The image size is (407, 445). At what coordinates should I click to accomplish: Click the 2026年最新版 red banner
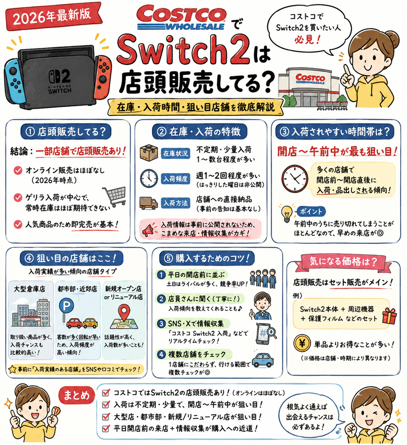point(53,16)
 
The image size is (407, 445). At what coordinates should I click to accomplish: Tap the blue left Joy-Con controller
point(14,80)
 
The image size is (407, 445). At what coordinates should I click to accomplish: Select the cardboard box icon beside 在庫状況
point(148,153)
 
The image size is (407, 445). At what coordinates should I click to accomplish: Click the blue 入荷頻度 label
point(175,179)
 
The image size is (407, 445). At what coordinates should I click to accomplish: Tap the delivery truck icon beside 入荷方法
point(148,203)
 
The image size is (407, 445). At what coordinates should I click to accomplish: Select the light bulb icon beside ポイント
point(287,214)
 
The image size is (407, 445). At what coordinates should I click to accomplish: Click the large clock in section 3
point(295,179)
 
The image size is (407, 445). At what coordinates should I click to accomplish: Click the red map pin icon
point(124,313)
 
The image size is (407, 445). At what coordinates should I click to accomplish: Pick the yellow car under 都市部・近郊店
point(90,323)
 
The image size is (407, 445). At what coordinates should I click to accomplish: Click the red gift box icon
point(389,316)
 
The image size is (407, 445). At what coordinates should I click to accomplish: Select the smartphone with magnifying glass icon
point(265,334)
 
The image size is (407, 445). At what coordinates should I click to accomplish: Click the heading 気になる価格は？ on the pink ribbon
point(343,261)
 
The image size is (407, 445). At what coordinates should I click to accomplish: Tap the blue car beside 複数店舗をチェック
point(263,360)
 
